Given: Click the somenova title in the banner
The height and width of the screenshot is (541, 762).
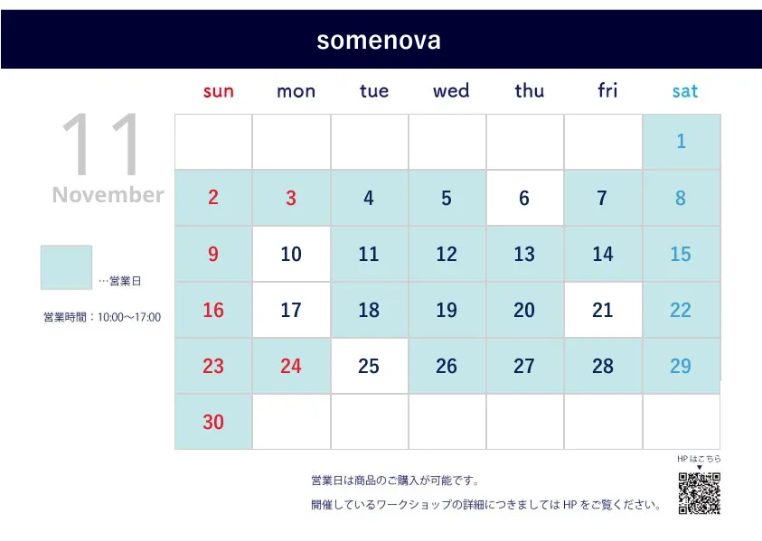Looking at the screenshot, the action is tap(379, 41).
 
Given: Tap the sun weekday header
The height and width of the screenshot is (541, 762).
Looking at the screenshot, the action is tap(218, 91).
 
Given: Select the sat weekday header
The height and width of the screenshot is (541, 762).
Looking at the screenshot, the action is tap(685, 91).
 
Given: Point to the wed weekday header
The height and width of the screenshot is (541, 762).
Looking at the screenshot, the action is tap(451, 91).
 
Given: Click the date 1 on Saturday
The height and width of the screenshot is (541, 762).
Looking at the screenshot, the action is tap(682, 141).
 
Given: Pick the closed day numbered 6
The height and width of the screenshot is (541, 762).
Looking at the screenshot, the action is tap(524, 198).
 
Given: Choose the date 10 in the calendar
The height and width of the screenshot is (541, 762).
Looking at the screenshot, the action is tap(291, 255).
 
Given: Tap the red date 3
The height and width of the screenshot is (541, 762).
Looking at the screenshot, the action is tap(291, 198).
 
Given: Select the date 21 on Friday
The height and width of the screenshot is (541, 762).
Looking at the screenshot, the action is tap(603, 311).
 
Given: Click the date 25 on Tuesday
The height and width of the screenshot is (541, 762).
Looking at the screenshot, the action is tap(369, 366).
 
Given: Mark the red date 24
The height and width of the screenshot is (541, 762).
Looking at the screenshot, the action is tap(291, 366).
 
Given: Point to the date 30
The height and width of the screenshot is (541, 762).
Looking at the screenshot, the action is tap(213, 423).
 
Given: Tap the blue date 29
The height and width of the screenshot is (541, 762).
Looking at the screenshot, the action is tap(681, 366).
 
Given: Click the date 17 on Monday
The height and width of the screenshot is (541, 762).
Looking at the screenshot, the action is tap(291, 311).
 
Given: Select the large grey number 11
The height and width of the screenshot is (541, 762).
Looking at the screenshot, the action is tap(101, 145).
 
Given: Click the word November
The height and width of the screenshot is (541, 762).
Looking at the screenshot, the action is tap(108, 195).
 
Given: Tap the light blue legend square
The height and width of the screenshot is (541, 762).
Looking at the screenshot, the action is tap(66, 267).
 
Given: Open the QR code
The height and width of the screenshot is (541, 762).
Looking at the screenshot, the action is tap(700, 493).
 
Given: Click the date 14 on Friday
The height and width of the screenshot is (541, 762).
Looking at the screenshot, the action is tap(603, 255).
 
